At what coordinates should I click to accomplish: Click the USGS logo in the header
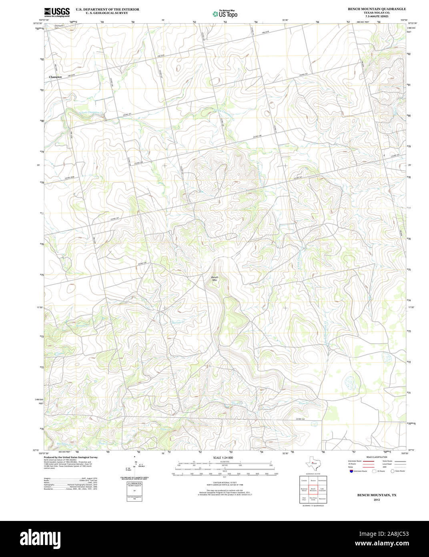pyautogui.click(x=56, y=12)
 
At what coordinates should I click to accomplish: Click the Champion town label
pyautogui.click(x=55, y=77)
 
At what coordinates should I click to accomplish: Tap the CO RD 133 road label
pyautogui.click(x=301, y=419)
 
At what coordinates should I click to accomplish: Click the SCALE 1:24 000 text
pyautogui.click(x=223, y=458)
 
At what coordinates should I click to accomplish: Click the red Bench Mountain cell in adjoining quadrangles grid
pyautogui.click(x=313, y=490)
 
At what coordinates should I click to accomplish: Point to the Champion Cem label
pyautogui.click(x=59, y=27)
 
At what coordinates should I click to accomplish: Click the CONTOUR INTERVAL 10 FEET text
pyautogui.click(x=223, y=482)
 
